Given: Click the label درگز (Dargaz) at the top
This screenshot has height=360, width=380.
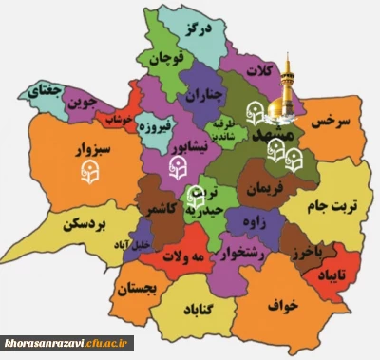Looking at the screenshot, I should pyautogui.click(x=198, y=28).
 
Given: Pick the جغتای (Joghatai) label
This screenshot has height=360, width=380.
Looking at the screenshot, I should pyautogui.click(x=47, y=92).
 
